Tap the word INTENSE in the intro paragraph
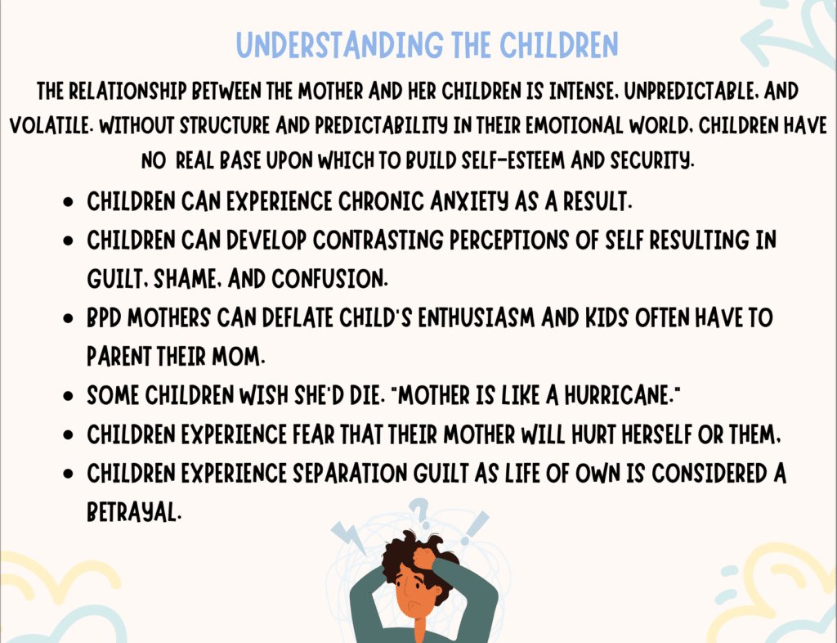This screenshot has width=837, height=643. coord(584,92)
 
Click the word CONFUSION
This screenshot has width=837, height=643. coord(329,279)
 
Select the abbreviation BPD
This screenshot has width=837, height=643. coord(104,318)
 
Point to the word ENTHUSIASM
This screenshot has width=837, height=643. coord(477,318)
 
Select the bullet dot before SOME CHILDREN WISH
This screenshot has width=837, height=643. coord(68,396)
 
